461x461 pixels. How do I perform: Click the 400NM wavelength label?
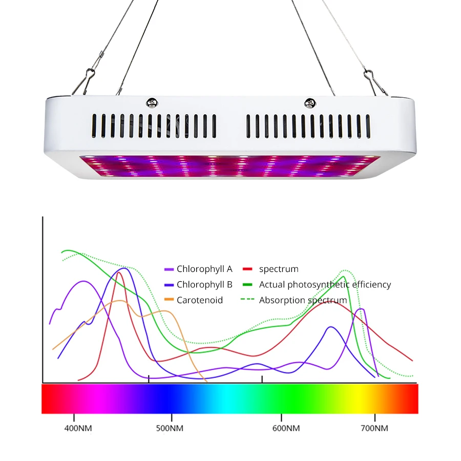coord(78,428)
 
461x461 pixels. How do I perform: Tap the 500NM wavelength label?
coord(170,428)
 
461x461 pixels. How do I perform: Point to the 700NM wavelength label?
coord(374,428)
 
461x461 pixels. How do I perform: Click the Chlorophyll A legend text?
coord(204,269)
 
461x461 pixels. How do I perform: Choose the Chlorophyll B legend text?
coord(204,285)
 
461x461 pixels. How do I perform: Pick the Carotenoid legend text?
coord(200,300)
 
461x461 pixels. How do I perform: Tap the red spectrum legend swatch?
coord(248,269)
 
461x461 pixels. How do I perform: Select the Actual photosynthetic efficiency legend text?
coord(325,285)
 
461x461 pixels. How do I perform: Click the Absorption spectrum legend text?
coord(303,300)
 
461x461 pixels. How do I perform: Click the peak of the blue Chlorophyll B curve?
coord(123,268)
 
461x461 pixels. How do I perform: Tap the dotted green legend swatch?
coord(248,300)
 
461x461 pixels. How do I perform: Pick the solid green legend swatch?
coord(248,285)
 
